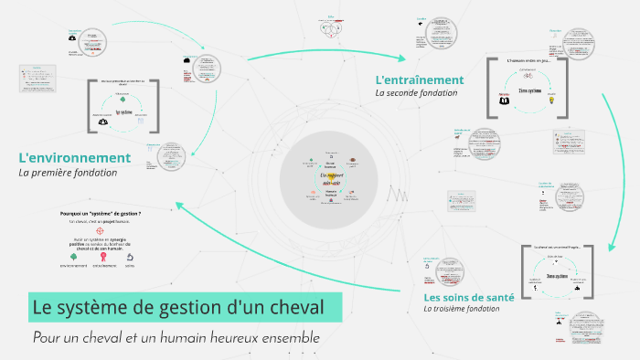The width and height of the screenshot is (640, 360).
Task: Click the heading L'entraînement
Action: tap(420, 79)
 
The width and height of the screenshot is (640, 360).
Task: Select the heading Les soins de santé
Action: tap(469, 297)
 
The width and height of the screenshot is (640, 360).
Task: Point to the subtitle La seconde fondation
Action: tap(416, 93)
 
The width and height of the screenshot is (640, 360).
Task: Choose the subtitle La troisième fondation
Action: tap(462, 309)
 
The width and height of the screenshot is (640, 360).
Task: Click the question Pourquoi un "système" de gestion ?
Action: tap(106, 213)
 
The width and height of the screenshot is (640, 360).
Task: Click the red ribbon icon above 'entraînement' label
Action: tap(103, 257)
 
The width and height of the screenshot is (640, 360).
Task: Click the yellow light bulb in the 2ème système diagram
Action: tap(552, 102)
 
